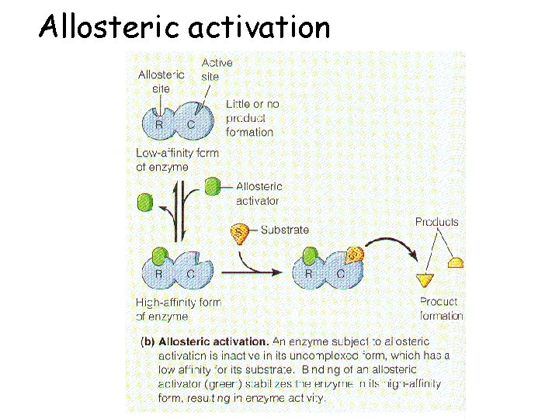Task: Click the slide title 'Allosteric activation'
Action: coord(185,27)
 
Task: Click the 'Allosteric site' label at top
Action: coord(160,81)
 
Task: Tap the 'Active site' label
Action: coord(216,69)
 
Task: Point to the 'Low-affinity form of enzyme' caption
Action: coord(177,159)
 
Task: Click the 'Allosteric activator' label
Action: coord(259,193)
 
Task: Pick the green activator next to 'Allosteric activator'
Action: coord(212,186)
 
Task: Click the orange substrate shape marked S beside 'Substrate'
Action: coord(241,232)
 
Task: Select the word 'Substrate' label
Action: coord(284,230)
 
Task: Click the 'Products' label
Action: coord(436,222)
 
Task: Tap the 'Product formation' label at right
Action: coord(440,308)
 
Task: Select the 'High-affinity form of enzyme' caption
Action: coord(178,309)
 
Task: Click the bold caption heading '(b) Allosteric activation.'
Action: coord(204,341)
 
